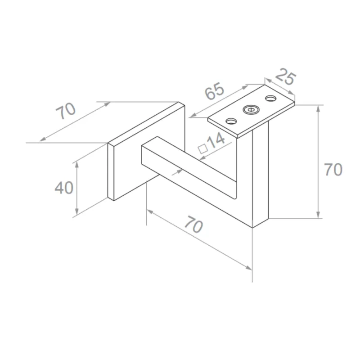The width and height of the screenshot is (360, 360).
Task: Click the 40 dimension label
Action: (64, 187)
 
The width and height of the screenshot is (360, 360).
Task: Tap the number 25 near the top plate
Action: (285, 78)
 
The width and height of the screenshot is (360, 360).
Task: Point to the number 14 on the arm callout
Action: (216, 140)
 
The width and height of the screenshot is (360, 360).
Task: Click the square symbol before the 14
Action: (202, 147)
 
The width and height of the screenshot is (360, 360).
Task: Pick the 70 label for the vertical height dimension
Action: (333, 170)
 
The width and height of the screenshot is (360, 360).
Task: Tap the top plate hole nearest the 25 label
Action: (271, 97)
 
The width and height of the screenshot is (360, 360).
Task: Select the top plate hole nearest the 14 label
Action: (231, 121)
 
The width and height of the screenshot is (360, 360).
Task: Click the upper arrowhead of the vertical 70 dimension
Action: (319, 108)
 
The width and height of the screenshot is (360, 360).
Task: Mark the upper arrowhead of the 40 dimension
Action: (77, 164)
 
